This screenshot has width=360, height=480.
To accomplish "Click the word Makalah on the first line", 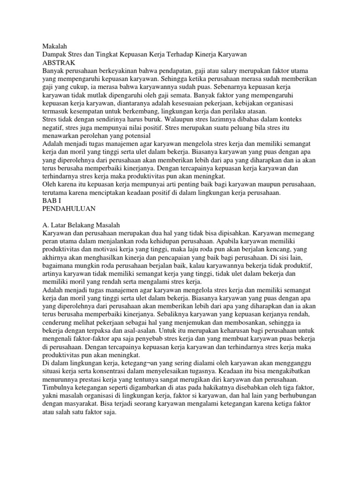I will pos(55,46).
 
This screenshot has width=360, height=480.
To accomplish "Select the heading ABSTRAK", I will pos(59,62).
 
